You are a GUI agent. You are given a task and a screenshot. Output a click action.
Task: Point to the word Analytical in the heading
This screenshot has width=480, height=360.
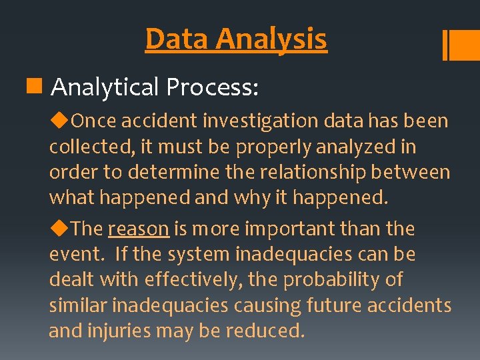pos(105,87)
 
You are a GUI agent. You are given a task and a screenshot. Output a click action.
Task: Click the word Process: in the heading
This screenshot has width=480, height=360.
pos(213,87)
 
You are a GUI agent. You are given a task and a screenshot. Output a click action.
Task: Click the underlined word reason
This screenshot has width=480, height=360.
pos(138,229)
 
